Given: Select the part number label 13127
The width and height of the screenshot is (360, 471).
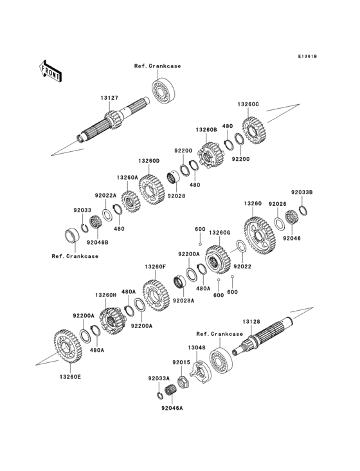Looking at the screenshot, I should (109, 98).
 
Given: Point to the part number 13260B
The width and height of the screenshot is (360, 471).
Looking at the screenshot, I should (206, 130).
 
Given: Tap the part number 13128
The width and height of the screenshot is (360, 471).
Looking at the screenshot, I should (251, 321).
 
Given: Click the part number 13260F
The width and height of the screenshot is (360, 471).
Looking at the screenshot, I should (155, 266).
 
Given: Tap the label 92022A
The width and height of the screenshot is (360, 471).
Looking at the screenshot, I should (105, 196).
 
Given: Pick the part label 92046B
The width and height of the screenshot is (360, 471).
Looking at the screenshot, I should (98, 243).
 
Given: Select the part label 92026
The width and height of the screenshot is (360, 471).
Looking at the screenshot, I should (277, 203).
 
